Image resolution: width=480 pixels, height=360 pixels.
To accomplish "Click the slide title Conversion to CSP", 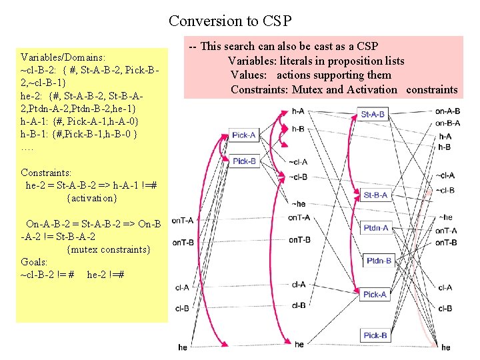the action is coord(230,21).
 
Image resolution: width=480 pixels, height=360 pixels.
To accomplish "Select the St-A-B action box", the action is coord(373,115).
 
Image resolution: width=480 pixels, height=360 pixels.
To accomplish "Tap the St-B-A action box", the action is coord(375,195).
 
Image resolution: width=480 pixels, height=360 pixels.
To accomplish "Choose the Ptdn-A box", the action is coord(376,228).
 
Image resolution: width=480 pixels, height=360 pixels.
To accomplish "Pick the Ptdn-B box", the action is coord(379,261).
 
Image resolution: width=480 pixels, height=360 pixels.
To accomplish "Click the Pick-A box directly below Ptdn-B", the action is coord(375,294).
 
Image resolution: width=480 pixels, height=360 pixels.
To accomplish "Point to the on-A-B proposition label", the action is coord(447,111).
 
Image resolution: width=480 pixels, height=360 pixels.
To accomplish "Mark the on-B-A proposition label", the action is coord(447,123).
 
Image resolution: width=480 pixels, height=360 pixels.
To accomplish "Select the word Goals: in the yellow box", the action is coord(34,263).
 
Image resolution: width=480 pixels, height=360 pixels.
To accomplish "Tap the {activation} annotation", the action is coord(92,198).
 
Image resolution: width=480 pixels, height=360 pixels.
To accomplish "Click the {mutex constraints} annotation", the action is coord(109,249).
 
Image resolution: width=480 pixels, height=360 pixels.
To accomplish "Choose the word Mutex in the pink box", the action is coord(307,89).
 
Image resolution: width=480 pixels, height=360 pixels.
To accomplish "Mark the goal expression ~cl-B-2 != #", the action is coord(47,275).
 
